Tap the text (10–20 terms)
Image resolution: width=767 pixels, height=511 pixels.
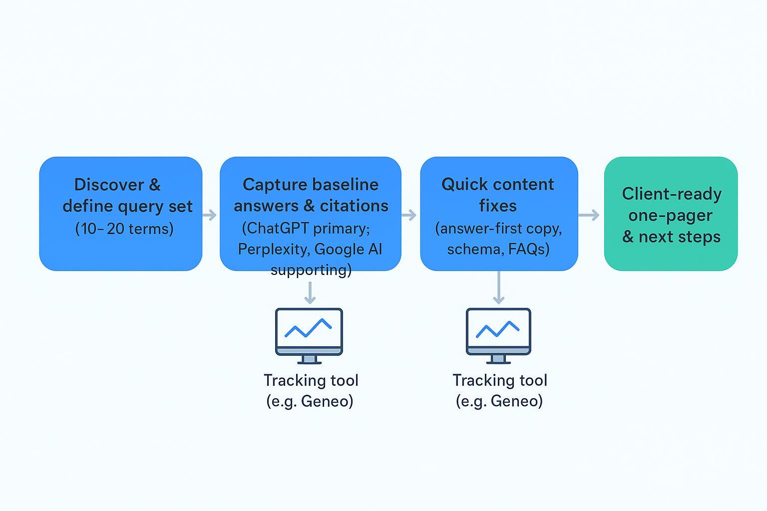[124, 229]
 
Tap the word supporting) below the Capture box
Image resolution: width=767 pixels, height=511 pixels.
[311, 270]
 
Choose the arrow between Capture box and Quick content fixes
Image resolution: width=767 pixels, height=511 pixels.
[409, 215]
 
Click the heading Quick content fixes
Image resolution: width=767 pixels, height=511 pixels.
[498, 195]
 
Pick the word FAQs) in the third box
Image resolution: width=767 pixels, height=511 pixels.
[529, 249]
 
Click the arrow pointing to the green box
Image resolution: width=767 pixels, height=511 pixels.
[589, 215]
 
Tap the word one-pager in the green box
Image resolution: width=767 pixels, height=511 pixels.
[670, 215]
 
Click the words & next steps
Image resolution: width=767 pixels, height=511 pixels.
[671, 237]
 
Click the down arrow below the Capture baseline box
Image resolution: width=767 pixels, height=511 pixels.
[310, 293]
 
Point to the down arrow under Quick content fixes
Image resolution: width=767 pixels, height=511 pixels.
[498, 288]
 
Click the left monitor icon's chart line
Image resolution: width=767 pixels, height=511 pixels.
[308, 328]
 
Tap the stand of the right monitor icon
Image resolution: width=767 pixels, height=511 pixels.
[498, 359]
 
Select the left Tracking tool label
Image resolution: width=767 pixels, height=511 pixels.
[311, 380]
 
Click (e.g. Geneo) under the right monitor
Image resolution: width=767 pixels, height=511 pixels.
[499, 401]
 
